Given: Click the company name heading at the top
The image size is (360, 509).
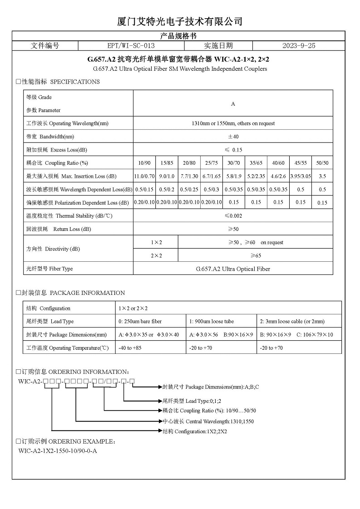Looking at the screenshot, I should [x=180, y=21].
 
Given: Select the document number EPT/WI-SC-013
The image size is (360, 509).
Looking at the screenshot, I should [x=131, y=46].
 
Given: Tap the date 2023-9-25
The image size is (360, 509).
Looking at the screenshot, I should [x=298, y=46].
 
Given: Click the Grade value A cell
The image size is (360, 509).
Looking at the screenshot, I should [x=233, y=104].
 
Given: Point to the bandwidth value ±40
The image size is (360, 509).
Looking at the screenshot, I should [x=233, y=137].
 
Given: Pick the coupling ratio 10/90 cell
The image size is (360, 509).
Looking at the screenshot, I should [x=144, y=163].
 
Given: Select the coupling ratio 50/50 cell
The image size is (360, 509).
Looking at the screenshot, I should [x=322, y=163].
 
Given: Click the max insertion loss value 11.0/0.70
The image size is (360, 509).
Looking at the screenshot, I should [x=144, y=176].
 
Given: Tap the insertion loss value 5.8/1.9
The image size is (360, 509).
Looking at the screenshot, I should [x=234, y=176].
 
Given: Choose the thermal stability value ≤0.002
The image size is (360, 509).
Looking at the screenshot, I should [x=233, y=216].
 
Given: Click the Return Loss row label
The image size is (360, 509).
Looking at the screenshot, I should [x=59, y=229].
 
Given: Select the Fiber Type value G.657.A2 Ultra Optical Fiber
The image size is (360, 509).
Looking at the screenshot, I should [x=233, y=269].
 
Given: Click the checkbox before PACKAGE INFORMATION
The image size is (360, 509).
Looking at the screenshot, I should [x=18, y=293].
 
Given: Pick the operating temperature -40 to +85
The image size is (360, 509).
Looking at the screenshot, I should [x=130, y=348].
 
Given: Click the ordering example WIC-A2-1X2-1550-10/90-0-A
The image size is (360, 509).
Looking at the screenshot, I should [x=58, y=451].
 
